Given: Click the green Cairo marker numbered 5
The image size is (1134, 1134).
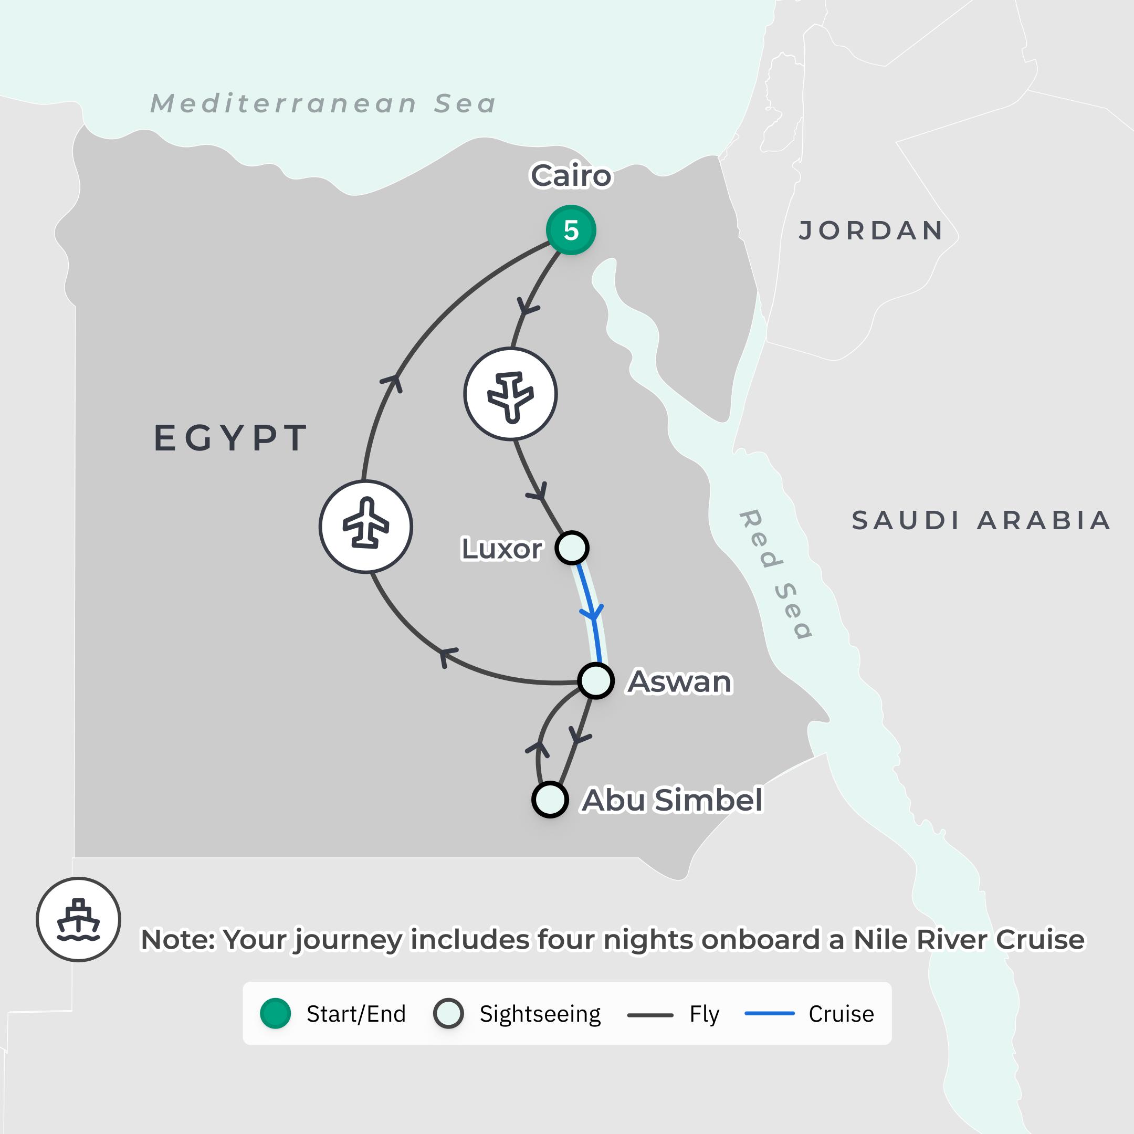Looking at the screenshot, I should click(x=571, y=230).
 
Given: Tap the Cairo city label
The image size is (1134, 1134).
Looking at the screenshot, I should click(x=571, y=175).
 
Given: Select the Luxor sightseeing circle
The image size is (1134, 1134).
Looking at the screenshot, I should click(x=572, y=548).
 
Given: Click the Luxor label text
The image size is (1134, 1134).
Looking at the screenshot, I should click(x=502, y=549).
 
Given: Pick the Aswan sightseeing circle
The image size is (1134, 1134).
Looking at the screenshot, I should click(x=596, y=681).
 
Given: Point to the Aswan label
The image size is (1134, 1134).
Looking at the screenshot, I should click(x=680, y=681).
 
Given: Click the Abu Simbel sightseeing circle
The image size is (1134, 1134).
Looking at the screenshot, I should click(x=550, y=800).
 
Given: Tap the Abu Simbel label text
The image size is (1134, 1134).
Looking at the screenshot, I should click(x=672, y=800).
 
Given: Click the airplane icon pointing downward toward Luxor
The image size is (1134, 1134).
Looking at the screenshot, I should click(x=511, y=394).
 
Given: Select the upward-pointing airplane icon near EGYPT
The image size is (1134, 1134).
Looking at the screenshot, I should click(x=366, y=527).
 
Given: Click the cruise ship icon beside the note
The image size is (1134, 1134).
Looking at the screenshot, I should click(x=78, y=919).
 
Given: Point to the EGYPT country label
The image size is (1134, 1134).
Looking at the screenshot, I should click(x=230, y=438).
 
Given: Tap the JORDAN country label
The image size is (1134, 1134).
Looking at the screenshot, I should click(x=871, y=230).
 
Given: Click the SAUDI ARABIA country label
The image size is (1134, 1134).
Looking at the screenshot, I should click(x=981, y=520).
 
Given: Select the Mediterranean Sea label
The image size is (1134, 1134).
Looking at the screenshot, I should click(x=323, y=104).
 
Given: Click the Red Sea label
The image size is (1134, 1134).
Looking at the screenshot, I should click(x=775, y=573).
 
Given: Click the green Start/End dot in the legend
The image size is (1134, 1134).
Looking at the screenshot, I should click(x=275, y=1014).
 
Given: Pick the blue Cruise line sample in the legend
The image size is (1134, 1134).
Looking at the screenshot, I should click(x=769, y=1014).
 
